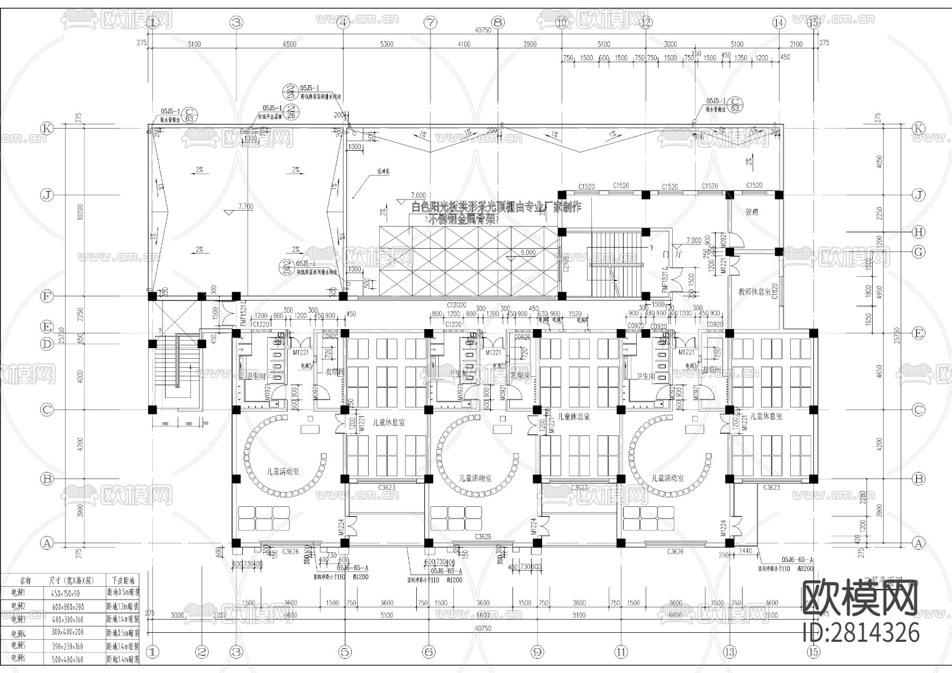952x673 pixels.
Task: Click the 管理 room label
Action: tap(752, 212)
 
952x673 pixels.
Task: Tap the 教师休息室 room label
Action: tap(755, 292)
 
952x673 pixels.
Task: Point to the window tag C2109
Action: tap(565, 264)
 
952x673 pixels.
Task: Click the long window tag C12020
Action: tap(456, 305)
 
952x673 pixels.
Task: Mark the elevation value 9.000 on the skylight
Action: tap(527, 253)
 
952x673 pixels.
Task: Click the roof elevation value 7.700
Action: tap(245, 206)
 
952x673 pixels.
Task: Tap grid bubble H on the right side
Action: tap(919, 232)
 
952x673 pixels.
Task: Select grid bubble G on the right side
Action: tap(919, 252)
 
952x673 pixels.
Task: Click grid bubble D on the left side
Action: tap(47, 344)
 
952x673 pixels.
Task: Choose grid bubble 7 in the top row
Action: tap(431, 22)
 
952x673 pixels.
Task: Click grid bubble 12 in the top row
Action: tap(646, 22)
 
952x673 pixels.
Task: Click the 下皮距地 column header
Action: tap(123, 580)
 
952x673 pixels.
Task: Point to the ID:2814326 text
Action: tap(861, 633)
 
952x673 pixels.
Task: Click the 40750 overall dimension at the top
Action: tap(482, 31)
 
